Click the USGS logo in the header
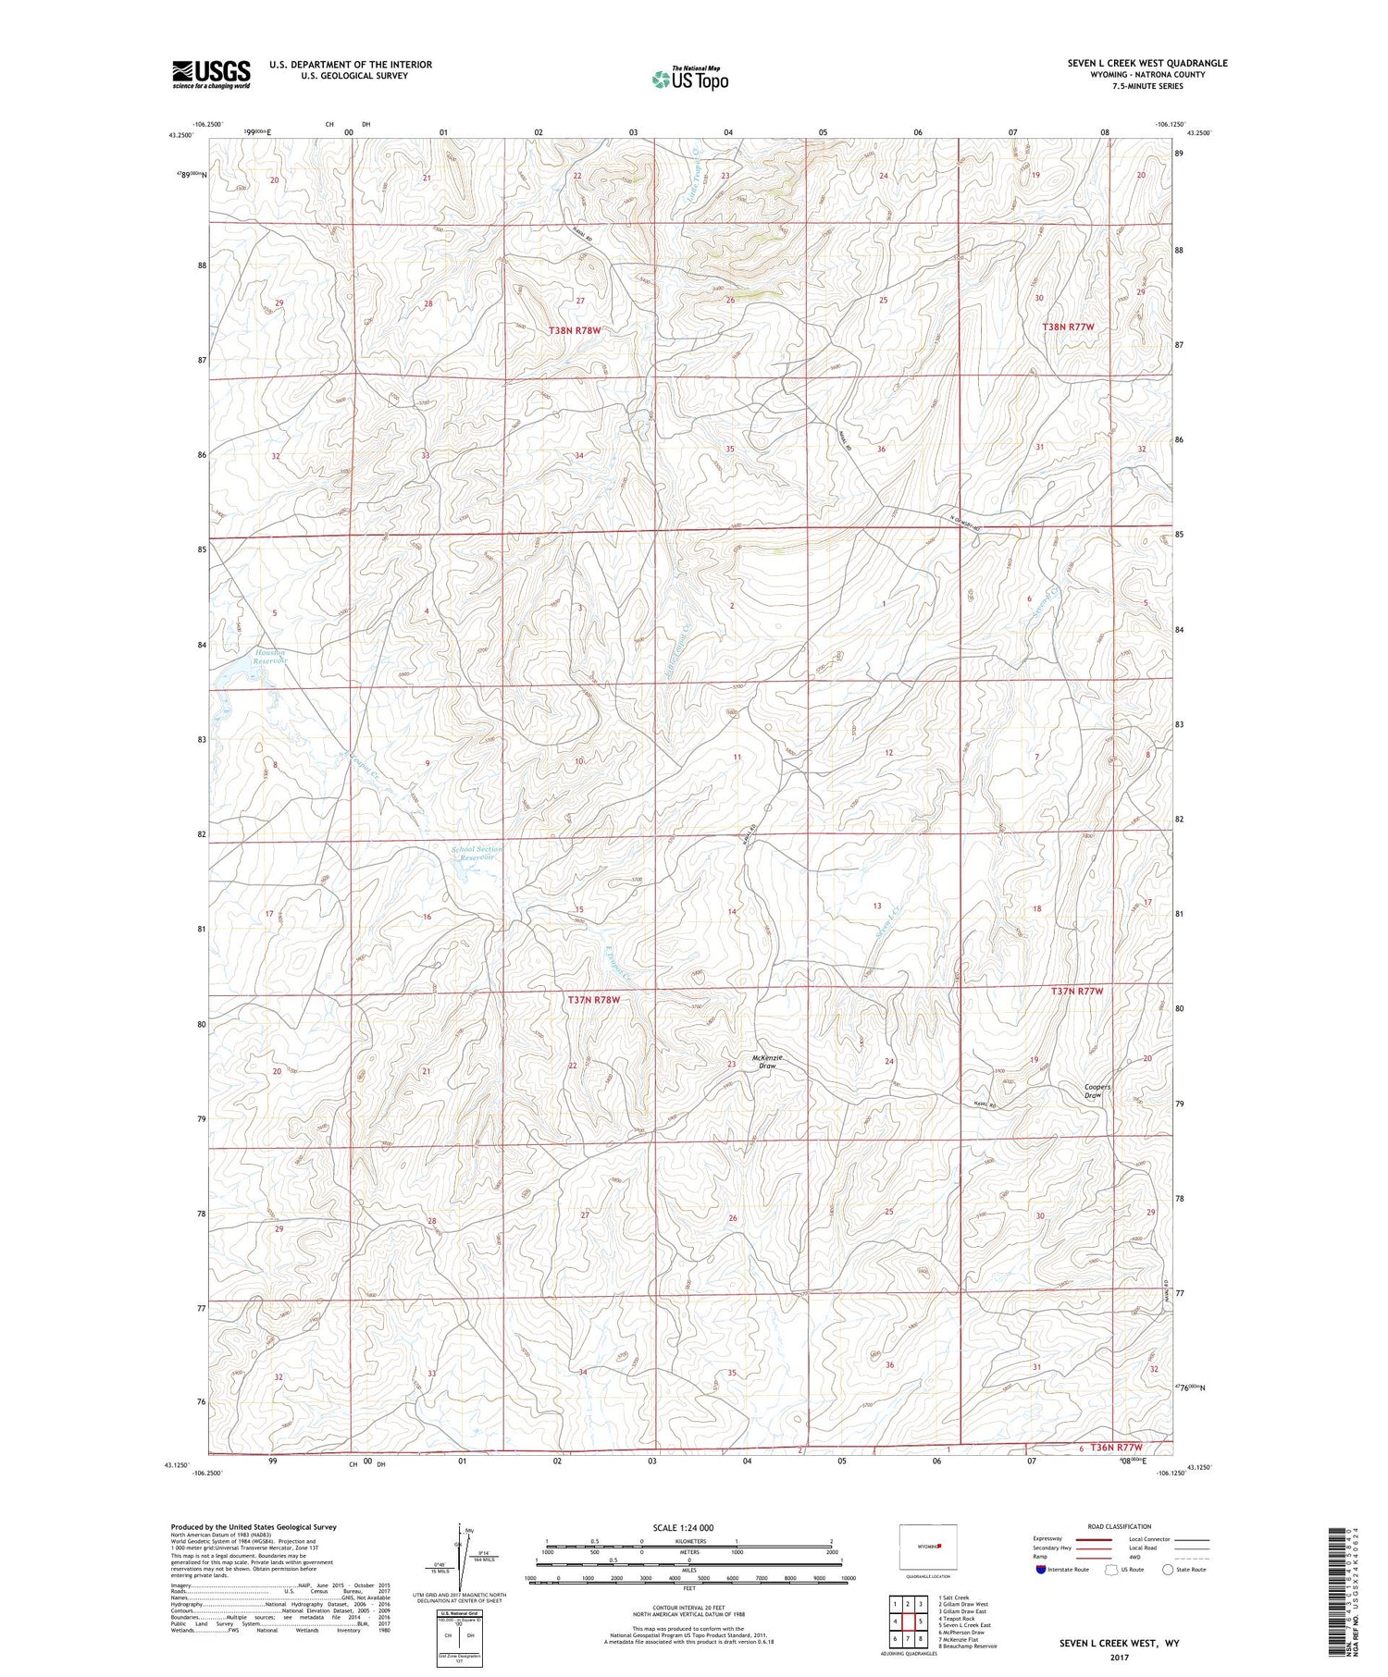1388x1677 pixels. tap(211, 74)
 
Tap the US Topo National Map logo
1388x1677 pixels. tap(689, 79)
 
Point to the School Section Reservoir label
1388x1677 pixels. tap(477, 853)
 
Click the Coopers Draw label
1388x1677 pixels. tap(1097, 1091)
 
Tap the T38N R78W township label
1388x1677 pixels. tap(580, 330)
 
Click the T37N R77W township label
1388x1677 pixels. tap(1077, 991)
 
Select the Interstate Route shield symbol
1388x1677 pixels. tap(1041, 1570)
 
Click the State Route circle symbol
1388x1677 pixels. tap(1168, 1570)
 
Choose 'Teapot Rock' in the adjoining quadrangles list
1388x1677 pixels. tap(957, 1619)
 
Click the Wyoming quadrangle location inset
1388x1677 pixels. tap(928, 1547)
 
